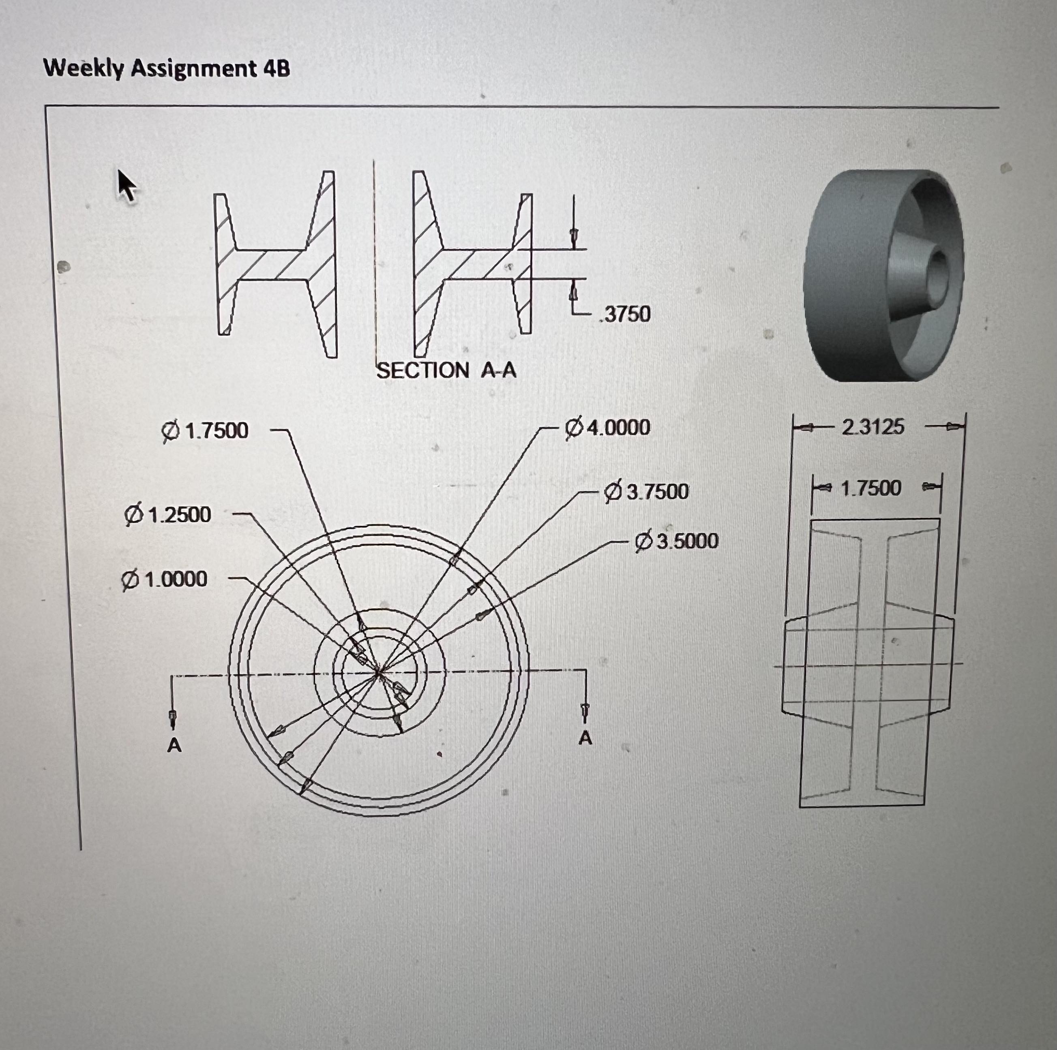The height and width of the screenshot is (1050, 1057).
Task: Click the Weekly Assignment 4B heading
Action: tap(167, 69)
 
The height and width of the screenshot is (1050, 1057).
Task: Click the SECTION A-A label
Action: tap(446, 370)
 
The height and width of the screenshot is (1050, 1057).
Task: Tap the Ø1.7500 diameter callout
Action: tap(206, 431)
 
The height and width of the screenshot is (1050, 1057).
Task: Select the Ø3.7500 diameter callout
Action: tap(646, 491)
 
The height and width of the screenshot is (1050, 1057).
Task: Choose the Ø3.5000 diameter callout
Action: tap(677, 541)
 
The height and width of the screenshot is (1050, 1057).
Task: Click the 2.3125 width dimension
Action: tap(873, 427)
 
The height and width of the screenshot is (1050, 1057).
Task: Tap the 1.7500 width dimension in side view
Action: tap(870, 488)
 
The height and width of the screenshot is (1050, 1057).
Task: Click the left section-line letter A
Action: tap(174, 745)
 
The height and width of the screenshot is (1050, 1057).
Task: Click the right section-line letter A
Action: tap(585, 739)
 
